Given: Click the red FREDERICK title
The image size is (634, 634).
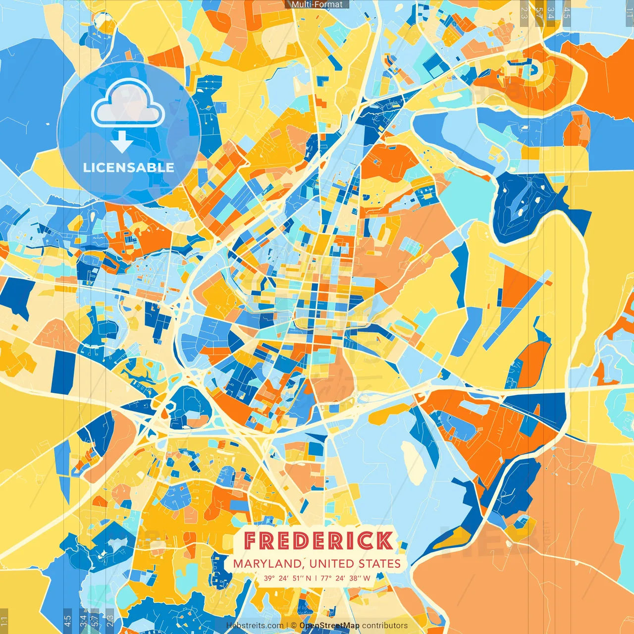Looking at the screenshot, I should (318, 541).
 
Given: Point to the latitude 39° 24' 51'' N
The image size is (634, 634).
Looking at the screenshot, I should (287, 578).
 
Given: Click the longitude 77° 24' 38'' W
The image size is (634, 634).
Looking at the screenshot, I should (345, 578).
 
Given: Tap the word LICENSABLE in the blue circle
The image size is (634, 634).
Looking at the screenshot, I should (129, 167).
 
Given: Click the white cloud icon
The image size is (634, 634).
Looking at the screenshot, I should (128, 103).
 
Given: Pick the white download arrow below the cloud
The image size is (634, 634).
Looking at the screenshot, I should (121, 143).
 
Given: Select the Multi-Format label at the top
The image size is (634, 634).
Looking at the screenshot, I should (317, 4).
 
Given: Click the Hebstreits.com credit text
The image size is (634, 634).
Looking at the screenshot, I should (255, 626).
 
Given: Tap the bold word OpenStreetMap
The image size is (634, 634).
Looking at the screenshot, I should (329, 626).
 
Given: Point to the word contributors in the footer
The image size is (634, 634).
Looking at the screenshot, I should (385, 626).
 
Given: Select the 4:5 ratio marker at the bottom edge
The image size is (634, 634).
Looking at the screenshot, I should (67, 621).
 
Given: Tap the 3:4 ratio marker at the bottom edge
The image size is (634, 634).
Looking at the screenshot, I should (83, 621).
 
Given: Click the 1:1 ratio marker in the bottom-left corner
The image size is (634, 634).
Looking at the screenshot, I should (4, 621).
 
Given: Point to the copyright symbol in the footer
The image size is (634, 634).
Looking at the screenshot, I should (294, 626).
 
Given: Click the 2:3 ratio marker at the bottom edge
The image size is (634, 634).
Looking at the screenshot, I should (109, 621).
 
